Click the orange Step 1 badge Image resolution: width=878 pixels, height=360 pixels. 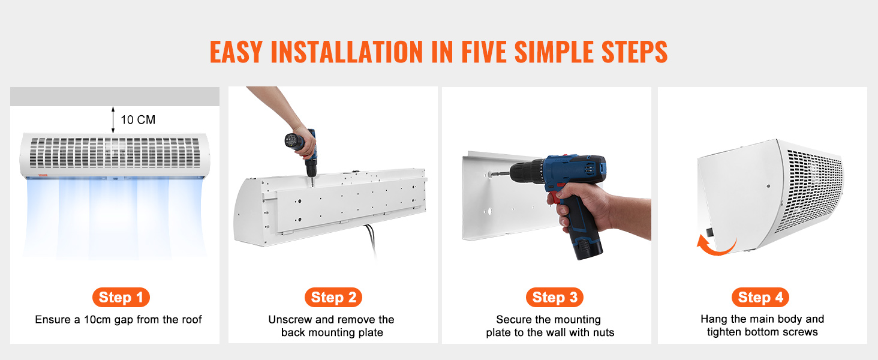point(121,297)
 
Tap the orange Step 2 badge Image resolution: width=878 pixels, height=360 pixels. point(333,297)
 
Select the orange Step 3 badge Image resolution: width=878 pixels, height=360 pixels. point(555,297)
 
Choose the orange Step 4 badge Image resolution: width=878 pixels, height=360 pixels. point(760,297)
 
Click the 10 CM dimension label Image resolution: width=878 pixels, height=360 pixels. point(138,119)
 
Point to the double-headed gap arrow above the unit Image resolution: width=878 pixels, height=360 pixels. point(113,119)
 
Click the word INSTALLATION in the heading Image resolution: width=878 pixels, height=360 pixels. point(347,52)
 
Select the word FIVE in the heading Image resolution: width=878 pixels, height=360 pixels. point(484,52)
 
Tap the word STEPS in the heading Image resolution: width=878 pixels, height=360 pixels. point(635,52)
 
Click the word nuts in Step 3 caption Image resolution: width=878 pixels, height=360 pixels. point(603,332)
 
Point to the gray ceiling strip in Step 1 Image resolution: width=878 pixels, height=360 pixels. point(115,97)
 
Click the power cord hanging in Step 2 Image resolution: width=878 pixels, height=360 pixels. point(371,240)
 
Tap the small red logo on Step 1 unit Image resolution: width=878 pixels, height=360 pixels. point(43,175)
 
